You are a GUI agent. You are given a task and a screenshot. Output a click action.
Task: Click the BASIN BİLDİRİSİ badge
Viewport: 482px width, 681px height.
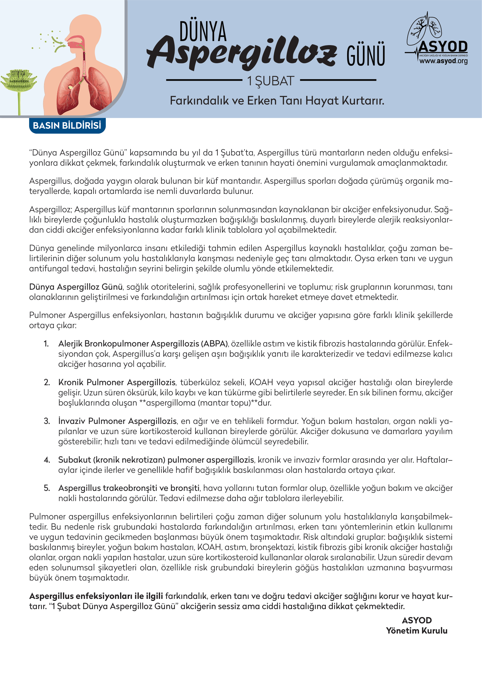tap(67, 125)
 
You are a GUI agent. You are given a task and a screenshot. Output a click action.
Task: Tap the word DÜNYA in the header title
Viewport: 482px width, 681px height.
tap(203, 31)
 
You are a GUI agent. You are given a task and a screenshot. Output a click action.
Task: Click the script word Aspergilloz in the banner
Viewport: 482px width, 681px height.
tap(242, 52)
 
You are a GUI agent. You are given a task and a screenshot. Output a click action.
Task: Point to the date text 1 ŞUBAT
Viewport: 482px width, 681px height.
tap(271, 81)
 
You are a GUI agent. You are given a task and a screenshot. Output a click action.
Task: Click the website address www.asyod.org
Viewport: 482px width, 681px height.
tap(443, 61)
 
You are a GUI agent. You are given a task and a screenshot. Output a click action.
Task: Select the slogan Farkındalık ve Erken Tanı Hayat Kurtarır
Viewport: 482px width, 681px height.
tap(277, 100)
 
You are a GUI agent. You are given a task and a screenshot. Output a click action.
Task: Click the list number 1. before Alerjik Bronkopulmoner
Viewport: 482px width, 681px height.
tap(46, 344)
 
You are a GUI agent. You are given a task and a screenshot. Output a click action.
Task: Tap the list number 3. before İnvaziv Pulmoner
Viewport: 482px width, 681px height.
tap(47, 421)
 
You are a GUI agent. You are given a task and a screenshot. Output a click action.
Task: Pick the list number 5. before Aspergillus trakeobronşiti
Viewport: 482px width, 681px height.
tap(47, 488)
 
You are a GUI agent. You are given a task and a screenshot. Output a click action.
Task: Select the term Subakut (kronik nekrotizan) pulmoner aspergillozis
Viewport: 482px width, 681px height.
tap(156, 460)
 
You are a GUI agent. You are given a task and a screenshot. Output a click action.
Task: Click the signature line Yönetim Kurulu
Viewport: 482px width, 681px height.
tap(416, 630)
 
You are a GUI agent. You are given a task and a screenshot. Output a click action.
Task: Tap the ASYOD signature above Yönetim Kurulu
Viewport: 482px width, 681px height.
tap(417, 620)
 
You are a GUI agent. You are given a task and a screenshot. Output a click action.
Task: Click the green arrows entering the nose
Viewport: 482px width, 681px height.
tap(59, 44)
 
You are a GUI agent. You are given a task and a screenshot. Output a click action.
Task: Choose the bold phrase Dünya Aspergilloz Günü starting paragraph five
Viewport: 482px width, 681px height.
tap(76, 287)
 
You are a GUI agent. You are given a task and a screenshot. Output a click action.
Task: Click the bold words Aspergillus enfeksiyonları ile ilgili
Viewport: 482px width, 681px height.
tap(96, 596)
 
